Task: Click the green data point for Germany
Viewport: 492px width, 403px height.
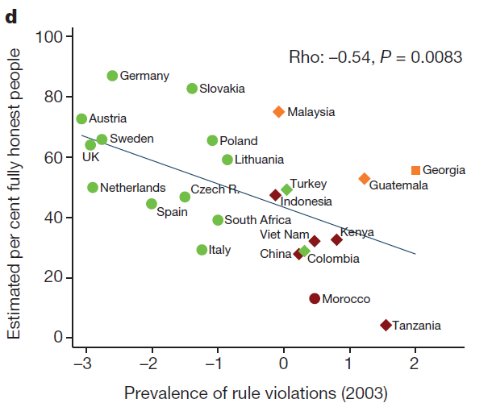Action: [112, 76]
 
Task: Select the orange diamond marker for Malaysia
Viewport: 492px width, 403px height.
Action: [278, 112]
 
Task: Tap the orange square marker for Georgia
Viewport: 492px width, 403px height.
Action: [415, 170]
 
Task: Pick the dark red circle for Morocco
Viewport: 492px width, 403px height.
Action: [315, 298]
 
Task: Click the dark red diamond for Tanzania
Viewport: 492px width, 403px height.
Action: [386, 325]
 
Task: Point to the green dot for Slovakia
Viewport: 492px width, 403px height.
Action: [192, 89]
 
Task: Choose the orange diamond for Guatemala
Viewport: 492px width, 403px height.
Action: [364, 178]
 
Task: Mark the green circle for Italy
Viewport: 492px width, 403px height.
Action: [202, 250]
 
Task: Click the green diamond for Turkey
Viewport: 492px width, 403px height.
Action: [286, 189]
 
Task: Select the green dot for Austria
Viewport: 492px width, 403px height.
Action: [81, 118]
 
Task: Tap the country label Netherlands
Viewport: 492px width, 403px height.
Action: [132, 188]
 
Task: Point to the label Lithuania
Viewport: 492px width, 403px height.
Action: [260, 160]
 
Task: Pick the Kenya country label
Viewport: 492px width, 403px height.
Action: [357, 232]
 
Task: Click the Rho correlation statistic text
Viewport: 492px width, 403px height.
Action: [375, 57]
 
